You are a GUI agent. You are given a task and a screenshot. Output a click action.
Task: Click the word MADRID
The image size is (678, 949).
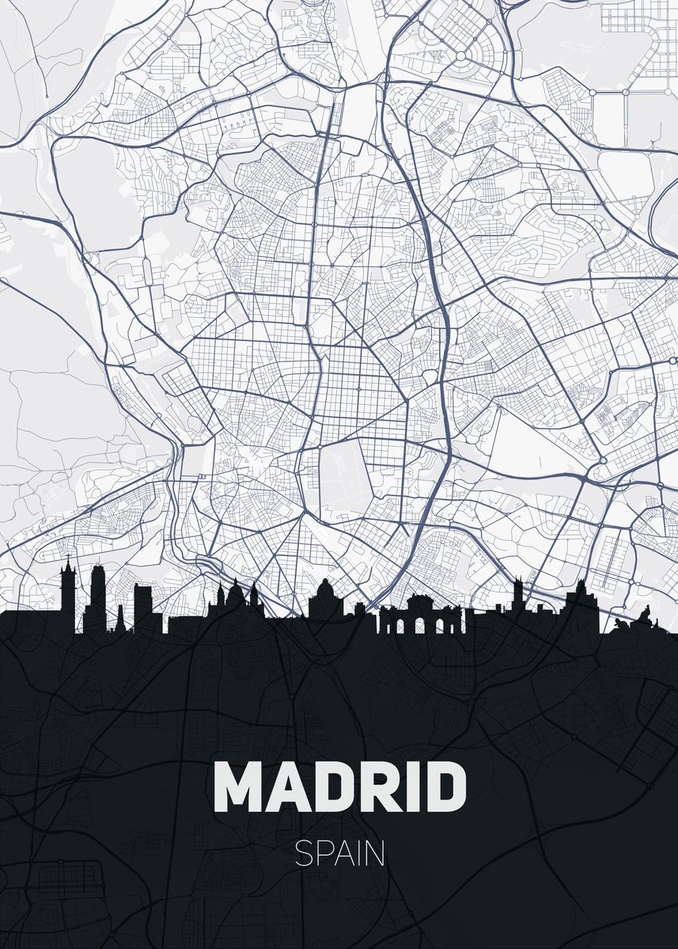pos(339,786)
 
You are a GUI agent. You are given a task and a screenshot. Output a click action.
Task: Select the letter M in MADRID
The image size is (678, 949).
pos(239,786)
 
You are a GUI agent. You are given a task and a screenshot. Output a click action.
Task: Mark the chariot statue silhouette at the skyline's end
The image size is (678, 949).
pos(644,614)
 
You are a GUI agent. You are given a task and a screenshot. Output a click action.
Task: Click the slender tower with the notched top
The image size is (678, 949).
pos(518,597)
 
